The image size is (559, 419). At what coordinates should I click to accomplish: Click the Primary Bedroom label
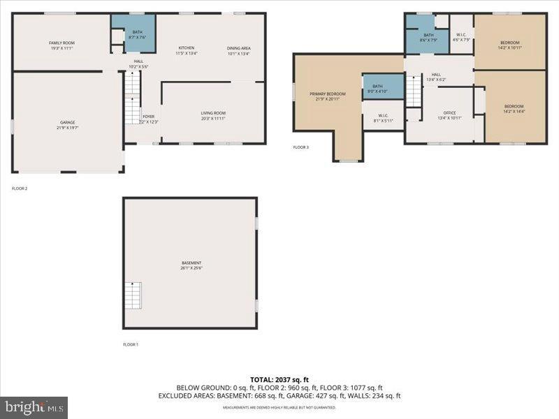pyautogui.click(x=327, y=96)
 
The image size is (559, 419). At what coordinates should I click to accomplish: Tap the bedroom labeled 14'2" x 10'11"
pyautogui.click(x=509, y=45)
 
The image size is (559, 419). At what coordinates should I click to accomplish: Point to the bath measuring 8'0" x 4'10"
pyautogui.click(x=382, y=88)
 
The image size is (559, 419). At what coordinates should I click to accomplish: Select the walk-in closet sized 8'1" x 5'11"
pyautogui.click(x=384, y=118)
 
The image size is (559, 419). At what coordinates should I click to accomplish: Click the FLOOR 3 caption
pyautogui.click(x=300, y=148)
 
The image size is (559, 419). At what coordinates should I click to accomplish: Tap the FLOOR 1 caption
pyautogui.click(x=131, y=344)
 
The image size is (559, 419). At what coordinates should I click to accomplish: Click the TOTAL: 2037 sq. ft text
pyautogui.click(x=279, y=380)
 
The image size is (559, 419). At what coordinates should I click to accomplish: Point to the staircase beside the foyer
pyautogui.click(x=132, y=99)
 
